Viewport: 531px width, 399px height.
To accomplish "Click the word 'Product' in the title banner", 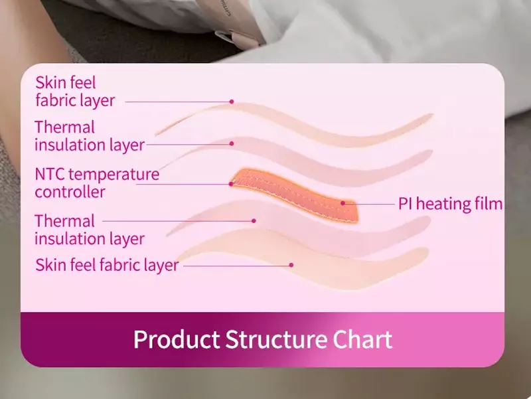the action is pyautogui.click(x=177, y=339).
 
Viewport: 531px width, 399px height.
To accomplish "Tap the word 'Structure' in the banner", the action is pyautogui.click(x=275, y=339).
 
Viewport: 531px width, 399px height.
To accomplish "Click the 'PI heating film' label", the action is pyautogui.click(x=450, y=204).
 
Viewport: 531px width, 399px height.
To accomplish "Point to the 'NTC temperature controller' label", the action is pyautogui.click(x=97, y=183).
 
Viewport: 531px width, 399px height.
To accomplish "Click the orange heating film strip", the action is pyautogui.click(x=294, y=195).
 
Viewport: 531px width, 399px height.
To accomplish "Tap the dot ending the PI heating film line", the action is pyautogui.click(x=342, y=203).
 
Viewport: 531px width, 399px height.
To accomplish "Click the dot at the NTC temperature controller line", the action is pyautogui.click(x=231, y=184).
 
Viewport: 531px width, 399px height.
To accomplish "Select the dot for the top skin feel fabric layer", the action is pyautogui.click(x=232, y=102).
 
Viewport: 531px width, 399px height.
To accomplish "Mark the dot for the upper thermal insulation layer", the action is pyautogui.click(x=232, y=143).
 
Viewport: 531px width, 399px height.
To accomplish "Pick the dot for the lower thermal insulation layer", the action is pyautogui.click(x=254, y=221).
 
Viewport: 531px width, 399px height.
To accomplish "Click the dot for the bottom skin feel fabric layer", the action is pyautogui.click(x=291, y=265).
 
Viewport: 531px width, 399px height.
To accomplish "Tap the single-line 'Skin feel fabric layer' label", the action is pyautogui.click(x=107, y=265).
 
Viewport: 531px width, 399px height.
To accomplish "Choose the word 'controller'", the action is pyautogui.click(x=70, y=192).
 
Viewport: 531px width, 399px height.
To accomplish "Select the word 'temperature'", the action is pyautogui.click(x=115, y=175).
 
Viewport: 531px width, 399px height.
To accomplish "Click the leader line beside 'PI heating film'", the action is pyautogui.click(x=369, y=204).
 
